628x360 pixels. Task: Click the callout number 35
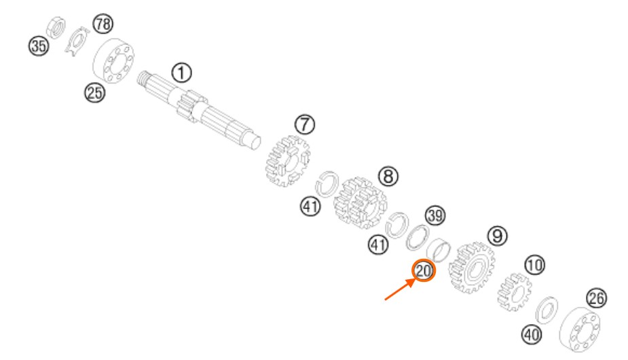[x=39, y=46]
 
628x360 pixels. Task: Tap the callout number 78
[x=103, y=24]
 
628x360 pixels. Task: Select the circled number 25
[x=94, y=93]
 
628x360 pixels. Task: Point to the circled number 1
[x=181, y=73]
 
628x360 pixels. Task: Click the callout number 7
[x=305, y=124]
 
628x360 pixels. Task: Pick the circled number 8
[x=388, y=176]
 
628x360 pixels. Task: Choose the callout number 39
[x=435, y=216]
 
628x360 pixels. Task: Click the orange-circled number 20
[x=424, y=271]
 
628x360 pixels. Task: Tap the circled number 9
[x=497, y=236]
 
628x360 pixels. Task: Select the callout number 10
[x=535, y=265]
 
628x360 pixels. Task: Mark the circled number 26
[x=596, y=298]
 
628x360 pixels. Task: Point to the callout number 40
[x=532, y=334]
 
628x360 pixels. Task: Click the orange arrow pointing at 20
[x=399, y=289]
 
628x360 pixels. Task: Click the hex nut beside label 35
[x=56, y=28]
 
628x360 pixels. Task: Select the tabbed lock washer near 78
[x=77, y=41]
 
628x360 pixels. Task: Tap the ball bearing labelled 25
[x=113, y=61]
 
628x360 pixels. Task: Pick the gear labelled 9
[x=471, y=268]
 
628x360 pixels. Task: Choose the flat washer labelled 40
[x=547, y=310]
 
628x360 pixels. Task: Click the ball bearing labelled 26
[x=580, y=329]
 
